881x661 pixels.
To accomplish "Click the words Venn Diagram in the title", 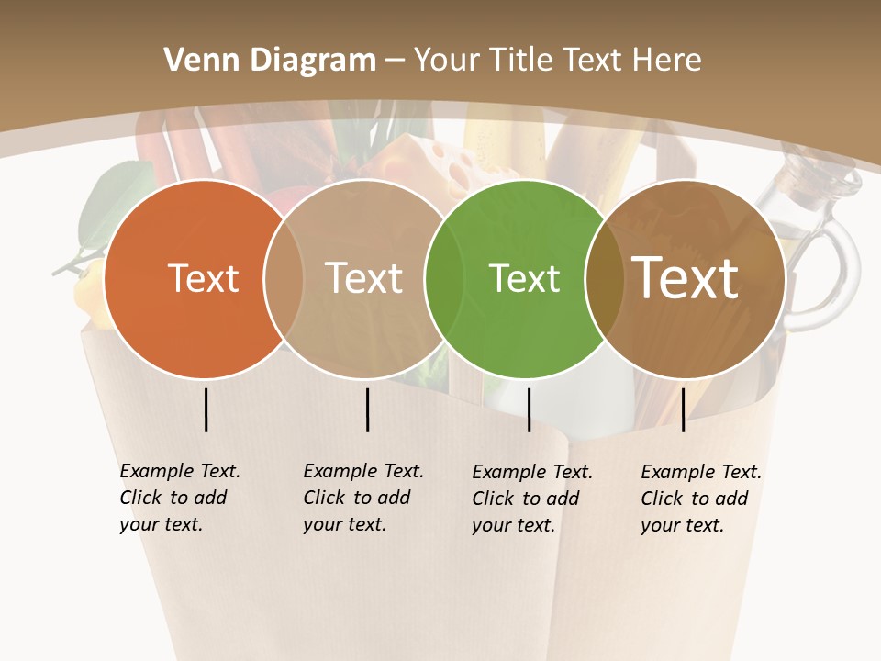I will pyautogui.click(x=270, y=61).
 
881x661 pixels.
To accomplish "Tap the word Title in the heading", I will pyautogui.click(x=528, y=61).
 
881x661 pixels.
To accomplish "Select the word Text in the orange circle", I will pyautogui.click(x=203, y=278).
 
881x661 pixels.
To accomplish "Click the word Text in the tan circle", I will pyautogui.click(x=363, y=278).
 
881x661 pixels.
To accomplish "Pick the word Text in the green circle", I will pyautogui.click(x=524, y=278).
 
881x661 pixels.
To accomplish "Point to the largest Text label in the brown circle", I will pyautogui.click(x=686, y=278).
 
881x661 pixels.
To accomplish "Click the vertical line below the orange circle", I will pyautogui.click(x=206, y=409).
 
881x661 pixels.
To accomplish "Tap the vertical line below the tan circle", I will pyautogui.click(x=367, y=409).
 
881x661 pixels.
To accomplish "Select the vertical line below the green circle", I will pyautogui.click(x=529, y=409).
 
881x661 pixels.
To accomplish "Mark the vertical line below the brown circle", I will pyautogui.click(x=683, y=409).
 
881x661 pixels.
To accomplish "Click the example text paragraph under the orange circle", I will pyautogui.click(x=180, y=498).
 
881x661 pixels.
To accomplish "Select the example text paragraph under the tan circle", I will pyautogui.click(x=363, y=498).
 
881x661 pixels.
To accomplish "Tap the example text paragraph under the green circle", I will pyautogui.click(x=532, y=499).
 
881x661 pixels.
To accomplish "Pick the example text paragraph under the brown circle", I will pyautogui.click(x=701, y=499).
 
